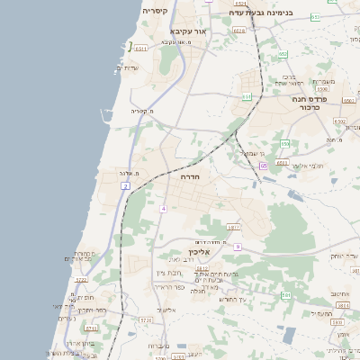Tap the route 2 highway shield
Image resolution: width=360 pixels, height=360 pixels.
[x=126, y=185]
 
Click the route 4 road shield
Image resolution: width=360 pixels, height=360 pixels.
[x=164, y=208]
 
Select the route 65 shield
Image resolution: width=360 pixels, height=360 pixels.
[x=263, y=166]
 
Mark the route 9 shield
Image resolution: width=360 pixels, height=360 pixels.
[x=238, y=246]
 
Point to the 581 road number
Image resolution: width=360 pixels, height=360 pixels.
[x=284, y=294]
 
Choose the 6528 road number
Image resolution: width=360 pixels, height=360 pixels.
[x=238, y=31]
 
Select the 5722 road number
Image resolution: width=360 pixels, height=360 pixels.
[x=81, y=280]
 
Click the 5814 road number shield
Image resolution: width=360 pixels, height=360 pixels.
[x=342, y=306]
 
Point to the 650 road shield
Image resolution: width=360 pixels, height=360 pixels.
[x=285, y=143]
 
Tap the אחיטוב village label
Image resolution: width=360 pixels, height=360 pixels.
[x=340, y=293]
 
